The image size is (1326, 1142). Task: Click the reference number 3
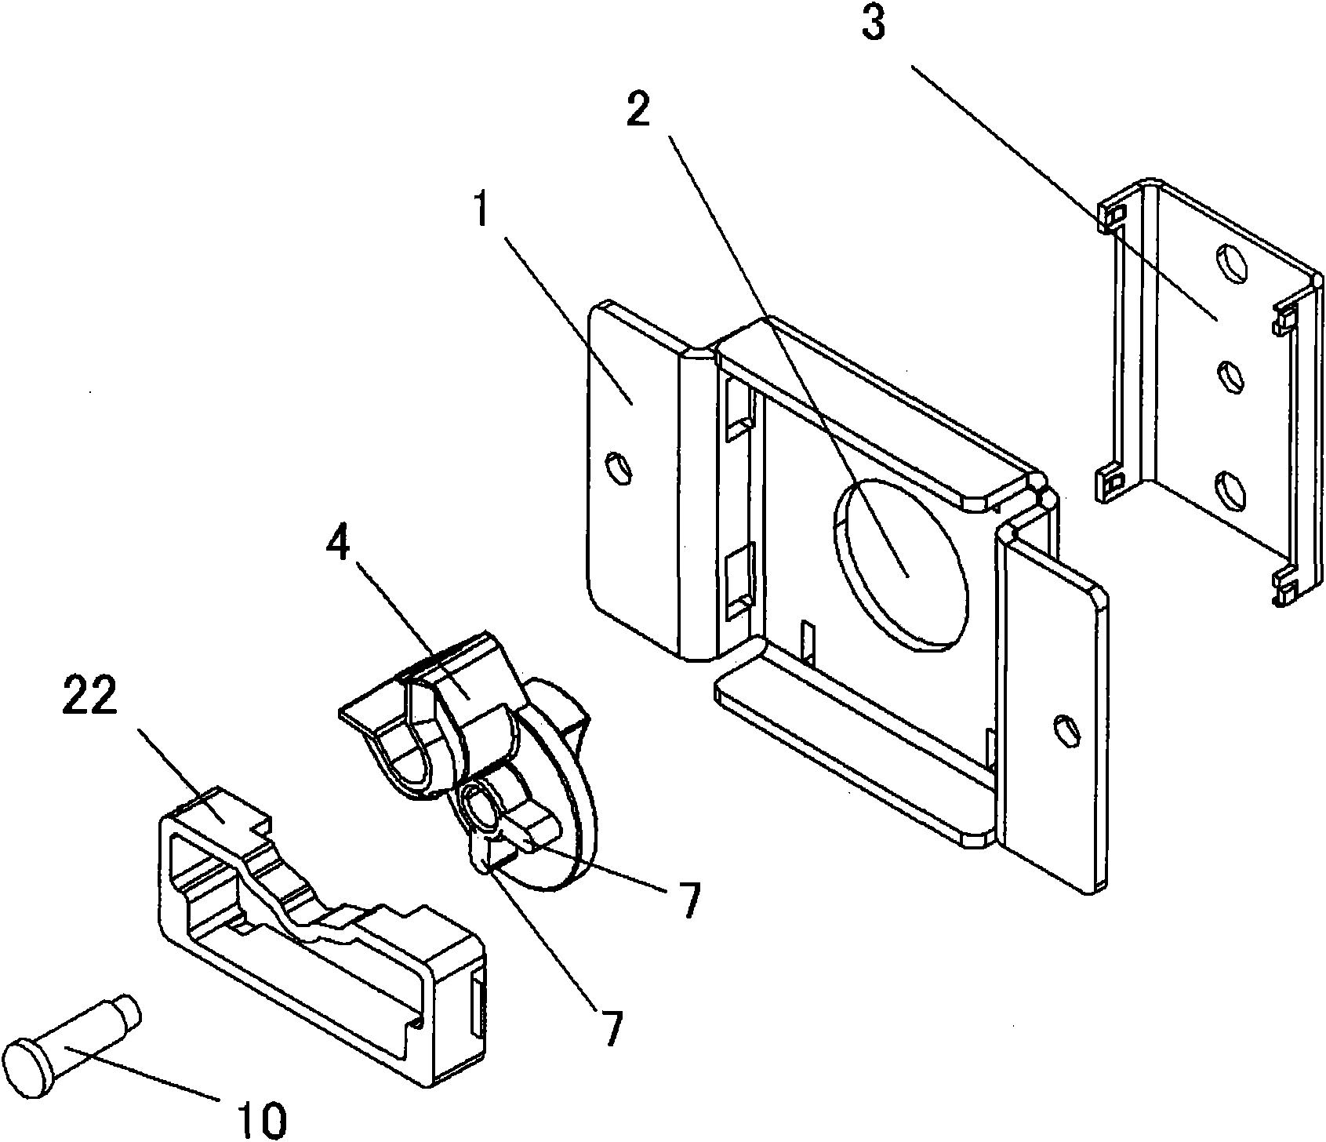coord(873,27)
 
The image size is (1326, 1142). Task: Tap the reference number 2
coord(638,114)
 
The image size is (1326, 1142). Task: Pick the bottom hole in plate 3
coord(1230,488)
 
